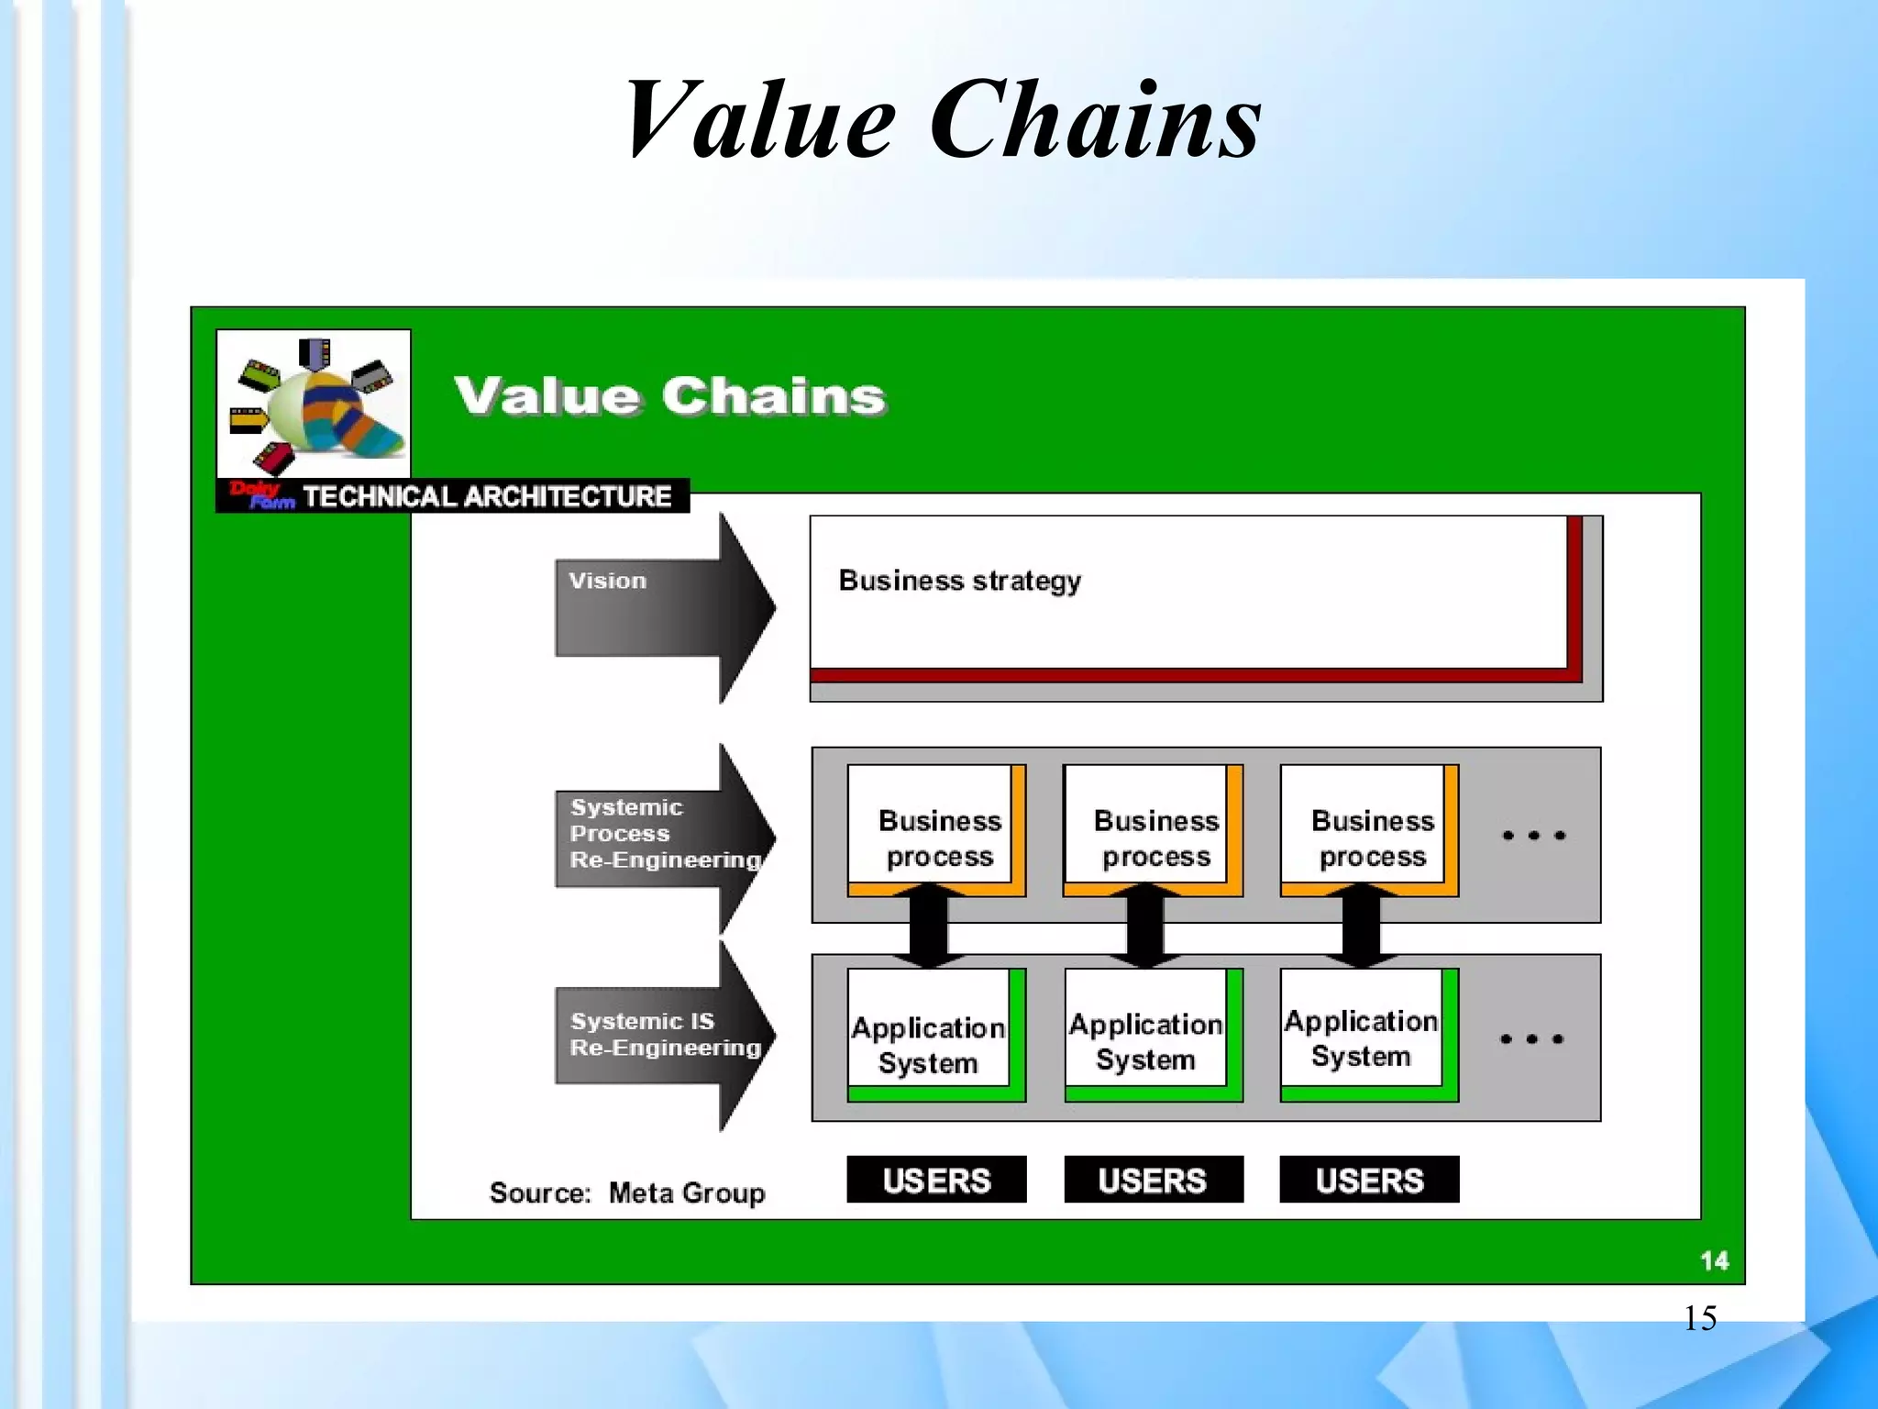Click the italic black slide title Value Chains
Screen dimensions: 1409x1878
(x=942, y=120)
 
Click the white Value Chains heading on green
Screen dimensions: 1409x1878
(x=670, y=396)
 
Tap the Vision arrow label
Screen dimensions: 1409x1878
(x=607, y=581)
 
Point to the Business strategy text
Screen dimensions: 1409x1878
(x=959, y=581)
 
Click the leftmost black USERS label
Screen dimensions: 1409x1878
(x=936, y=1180)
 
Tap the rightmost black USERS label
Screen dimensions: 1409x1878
(x=1369, y=1180)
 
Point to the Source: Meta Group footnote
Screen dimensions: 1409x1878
(x=627, y=1193)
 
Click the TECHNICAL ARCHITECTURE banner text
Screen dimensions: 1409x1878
(x=487, y=496)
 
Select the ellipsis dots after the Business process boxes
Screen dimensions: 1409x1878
(x=1533, y=836)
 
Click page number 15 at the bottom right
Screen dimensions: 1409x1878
(x=1699, y=1318)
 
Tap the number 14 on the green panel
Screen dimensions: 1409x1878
(x=1714, y=1261)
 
